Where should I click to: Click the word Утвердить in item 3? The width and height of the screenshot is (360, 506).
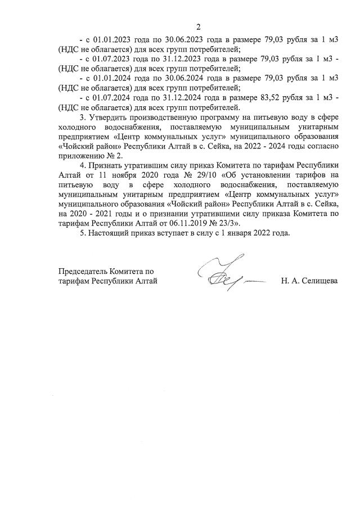tap(111, 119)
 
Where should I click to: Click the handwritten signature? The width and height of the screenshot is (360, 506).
tap(225, 277)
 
